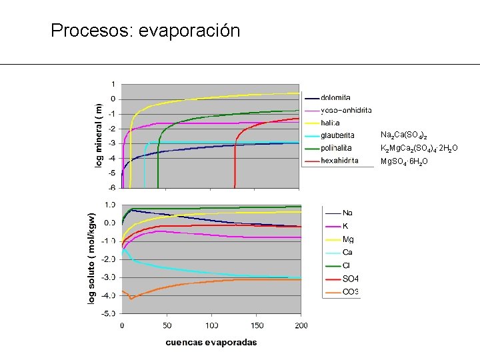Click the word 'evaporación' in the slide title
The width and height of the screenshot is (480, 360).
click(x=189, y=31)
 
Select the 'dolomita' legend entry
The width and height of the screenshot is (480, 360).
click(x=336, y=98)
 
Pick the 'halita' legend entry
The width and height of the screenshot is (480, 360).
click(x=331, y=123)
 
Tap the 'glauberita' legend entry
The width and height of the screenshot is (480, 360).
click(x=337, y=135)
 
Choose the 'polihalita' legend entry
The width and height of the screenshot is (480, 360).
click(x=337, y=148)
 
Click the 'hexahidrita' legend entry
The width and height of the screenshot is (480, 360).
click(x=339, y=160)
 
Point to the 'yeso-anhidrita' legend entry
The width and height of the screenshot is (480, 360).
click(x=346, y=110)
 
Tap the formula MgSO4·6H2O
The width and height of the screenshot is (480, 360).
click(x=407, y=161)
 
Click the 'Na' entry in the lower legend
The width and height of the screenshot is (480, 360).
click(x=348, y=213)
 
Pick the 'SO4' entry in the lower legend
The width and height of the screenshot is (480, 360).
click(x=350, y=279)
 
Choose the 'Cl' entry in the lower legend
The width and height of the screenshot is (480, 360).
click(x=347, y=265)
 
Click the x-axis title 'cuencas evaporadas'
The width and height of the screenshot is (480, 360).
click(x=211, y=343)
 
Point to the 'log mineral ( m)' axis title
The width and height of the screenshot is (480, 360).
click(x=98, y=135)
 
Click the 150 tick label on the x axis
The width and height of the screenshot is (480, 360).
click(x=257, y=325)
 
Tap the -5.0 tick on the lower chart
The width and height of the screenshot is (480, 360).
click(x=108, y=313)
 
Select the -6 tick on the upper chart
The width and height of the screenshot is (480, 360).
click(x=112, y=188)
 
